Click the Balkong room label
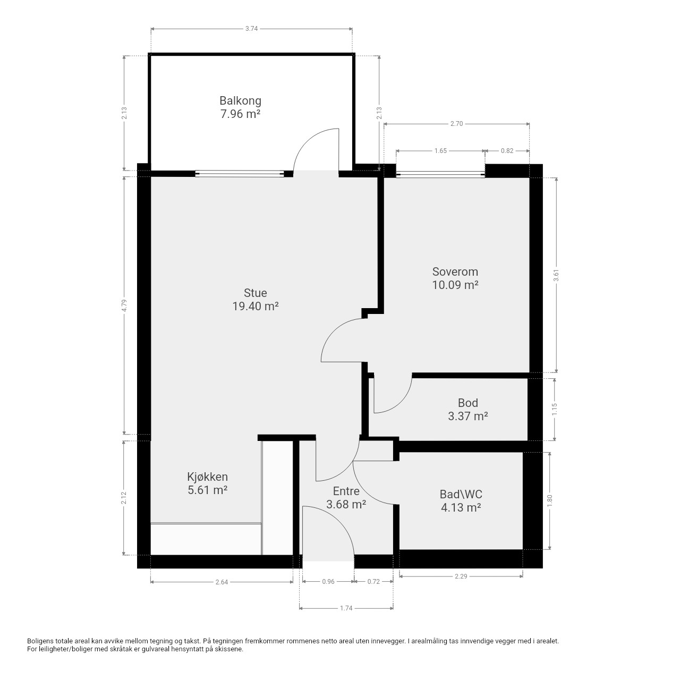240,101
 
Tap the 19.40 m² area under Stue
256,307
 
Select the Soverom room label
455,271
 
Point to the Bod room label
468,403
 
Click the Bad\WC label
461,494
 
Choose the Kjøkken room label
208,477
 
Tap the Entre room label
346,491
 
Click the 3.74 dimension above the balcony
252,29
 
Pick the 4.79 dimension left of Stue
124,305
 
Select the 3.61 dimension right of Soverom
557,275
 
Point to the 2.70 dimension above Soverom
457,124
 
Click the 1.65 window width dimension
440,151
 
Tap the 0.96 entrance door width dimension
328,582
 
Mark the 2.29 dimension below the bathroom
461,576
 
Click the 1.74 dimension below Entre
346,608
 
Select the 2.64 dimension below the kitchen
222,582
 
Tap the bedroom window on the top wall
440,174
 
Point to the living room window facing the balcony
240,174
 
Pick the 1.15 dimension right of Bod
555,410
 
